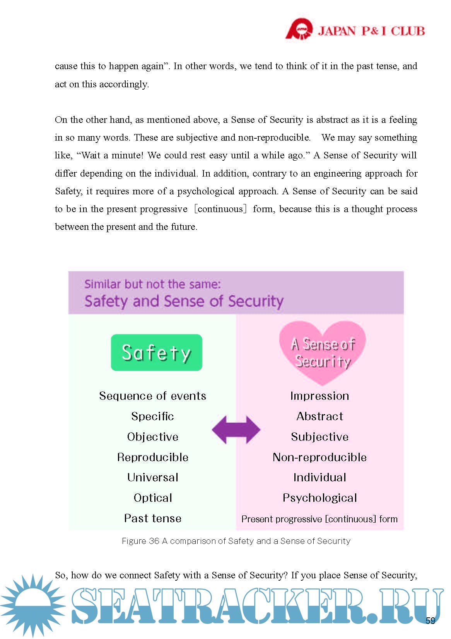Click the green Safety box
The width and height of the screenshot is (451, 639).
point(156,352)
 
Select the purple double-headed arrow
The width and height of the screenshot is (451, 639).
point(236,430)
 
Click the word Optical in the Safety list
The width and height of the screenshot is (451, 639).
point(153,498)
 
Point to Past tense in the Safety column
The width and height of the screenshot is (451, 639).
point(153,518)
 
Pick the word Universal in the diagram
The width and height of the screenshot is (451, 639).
point(153,477)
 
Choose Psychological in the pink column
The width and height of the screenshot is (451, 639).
point(320,498)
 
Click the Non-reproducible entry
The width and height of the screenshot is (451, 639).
point(320,457)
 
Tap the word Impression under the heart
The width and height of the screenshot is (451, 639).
point(320,396)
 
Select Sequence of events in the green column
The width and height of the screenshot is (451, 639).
point(153,396)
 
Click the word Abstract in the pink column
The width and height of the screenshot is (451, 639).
point(320,416)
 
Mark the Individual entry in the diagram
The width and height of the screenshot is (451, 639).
point(320,477)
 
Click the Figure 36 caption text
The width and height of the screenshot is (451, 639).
point(236,541)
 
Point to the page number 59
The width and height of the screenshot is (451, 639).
point(430,620)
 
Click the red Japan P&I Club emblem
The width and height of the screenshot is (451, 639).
point(299,29)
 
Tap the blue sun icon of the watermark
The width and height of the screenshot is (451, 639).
point(33,605)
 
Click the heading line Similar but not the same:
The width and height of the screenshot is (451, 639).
point(153,284)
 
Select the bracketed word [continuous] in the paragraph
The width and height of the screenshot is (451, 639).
point(220,209)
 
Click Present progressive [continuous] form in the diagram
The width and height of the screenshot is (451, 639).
point(319,519)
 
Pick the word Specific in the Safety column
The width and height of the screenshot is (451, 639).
point(153,416)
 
